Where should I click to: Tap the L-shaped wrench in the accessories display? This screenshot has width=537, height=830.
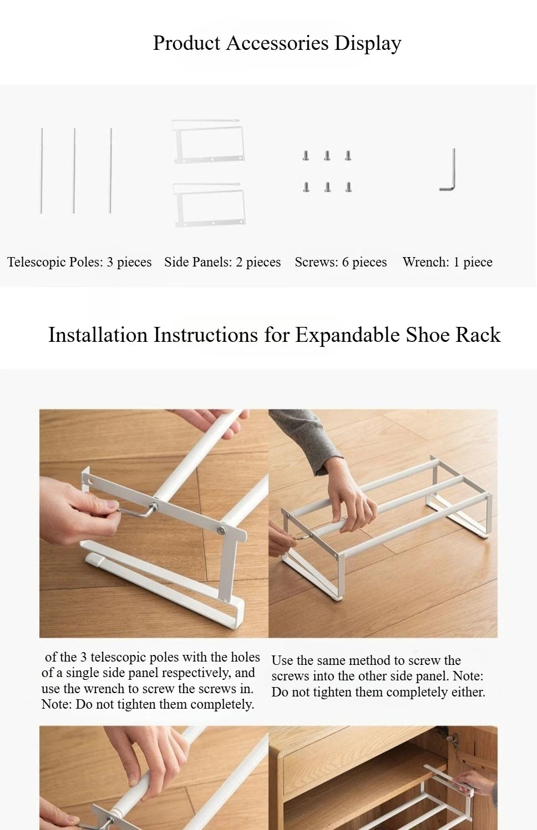coord(450,172)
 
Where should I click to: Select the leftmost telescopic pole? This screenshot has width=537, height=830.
coord(42,171)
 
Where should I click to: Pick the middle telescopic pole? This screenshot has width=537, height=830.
coord(74,171)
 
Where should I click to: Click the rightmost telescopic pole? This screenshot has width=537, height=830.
coord(110,171)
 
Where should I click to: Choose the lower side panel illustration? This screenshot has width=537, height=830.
coord(209,204)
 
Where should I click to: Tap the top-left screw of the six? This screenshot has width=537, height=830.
coord(306,156)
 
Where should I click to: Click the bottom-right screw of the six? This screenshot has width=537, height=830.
coord(348,187)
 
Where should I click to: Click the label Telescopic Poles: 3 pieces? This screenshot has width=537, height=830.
coord(79,262)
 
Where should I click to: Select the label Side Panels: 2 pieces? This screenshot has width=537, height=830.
coord(222,262)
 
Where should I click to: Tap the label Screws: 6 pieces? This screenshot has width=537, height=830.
coord(341,262)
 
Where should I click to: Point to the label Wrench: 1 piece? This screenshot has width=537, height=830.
coord(447,262)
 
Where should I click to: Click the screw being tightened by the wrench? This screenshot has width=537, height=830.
coord(155,505)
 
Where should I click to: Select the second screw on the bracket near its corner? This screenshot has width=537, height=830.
coord(222,530)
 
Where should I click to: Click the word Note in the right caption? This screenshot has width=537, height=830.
coord(465,676)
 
